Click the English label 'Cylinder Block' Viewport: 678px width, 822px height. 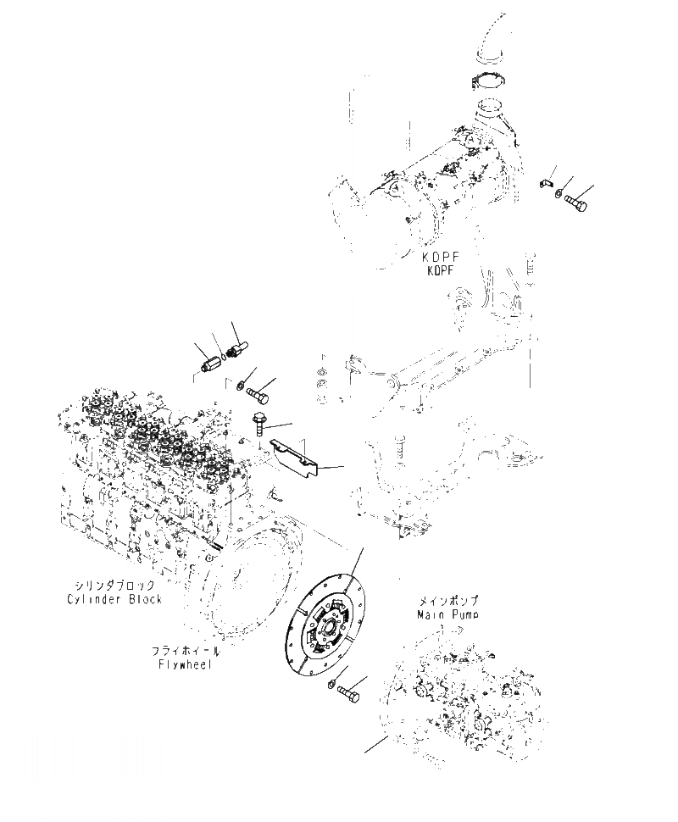point(114,599)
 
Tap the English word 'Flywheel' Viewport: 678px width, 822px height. point(184,664)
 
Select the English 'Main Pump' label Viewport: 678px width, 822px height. point(447,613)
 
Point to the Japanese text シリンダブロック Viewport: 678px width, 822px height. point(114,586)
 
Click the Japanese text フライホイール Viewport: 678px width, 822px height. point(185,651)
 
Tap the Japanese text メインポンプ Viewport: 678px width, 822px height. point(447,599)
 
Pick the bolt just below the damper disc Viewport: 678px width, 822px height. point(347,692)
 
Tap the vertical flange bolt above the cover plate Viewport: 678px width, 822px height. point(257,420)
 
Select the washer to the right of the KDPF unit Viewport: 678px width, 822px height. point(559,193)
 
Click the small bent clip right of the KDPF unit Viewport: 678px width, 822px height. point(547,182)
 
